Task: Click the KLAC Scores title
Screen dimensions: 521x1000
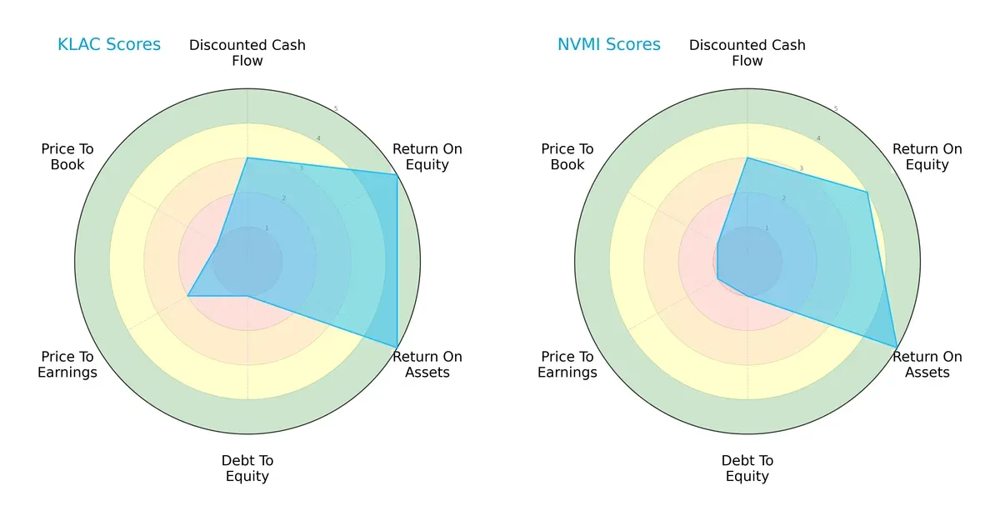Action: (109, 45)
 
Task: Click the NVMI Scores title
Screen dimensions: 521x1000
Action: (609, 45)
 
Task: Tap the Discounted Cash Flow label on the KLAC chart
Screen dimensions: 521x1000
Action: (247, 53)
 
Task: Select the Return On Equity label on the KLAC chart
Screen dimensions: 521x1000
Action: (427, 157)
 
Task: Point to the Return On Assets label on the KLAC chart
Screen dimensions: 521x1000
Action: (427, 364)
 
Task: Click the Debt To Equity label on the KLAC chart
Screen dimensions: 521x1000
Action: (247, 468)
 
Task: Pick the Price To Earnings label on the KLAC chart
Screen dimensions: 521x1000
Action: (67, 364)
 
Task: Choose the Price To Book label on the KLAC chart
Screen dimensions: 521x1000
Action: (67, 157)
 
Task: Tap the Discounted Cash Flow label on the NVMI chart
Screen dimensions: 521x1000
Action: (747, 53)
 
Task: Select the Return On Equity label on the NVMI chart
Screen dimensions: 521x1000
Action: (927, 157)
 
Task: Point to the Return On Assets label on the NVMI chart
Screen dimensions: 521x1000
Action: (927, 364)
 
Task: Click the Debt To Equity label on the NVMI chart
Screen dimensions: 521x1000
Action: (747, 468)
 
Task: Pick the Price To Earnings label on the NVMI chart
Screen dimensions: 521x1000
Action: (567, 364)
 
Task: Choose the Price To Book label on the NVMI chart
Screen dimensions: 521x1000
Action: (567, 157)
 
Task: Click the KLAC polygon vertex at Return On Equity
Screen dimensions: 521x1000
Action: (397, 174)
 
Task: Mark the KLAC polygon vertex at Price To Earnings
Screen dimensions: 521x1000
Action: (188, 295)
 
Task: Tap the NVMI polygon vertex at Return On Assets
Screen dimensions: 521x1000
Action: (897, 347)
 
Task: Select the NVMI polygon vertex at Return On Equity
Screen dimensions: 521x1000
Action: (867, 193)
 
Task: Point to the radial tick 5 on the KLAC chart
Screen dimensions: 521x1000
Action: (336, 109)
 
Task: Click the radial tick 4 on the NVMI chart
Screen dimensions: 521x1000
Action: (818, 138)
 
